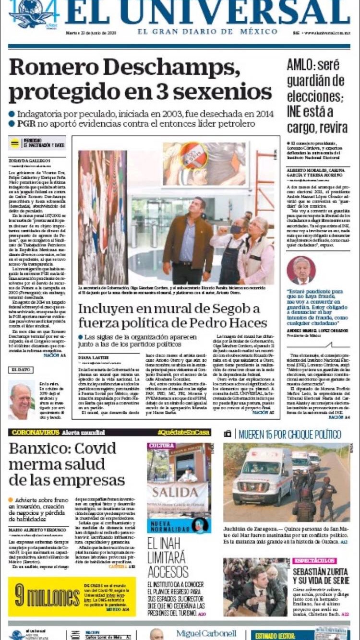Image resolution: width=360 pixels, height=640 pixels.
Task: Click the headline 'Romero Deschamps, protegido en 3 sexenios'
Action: point(140,79)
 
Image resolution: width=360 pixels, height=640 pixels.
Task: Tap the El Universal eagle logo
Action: point(31,14)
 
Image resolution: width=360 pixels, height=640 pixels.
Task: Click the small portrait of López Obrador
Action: point(301,271)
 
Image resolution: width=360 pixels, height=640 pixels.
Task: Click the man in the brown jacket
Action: point(188,235)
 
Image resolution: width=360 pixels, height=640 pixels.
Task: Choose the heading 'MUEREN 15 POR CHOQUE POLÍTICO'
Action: point(289,435)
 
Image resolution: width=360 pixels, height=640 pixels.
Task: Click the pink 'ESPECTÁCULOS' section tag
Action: point(314,561)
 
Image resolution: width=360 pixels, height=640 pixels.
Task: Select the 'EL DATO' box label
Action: point(21,370)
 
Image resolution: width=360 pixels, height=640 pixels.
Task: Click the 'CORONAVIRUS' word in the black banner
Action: point(32,432)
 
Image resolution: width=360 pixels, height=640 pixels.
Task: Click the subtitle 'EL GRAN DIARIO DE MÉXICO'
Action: point(207,32)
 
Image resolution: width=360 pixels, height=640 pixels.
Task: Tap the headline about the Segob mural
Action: point(173,315)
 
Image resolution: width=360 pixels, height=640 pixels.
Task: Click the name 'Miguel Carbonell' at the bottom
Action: point(206,634)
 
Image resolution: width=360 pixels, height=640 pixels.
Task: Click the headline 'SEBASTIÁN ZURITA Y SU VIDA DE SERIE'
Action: point(321,576)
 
